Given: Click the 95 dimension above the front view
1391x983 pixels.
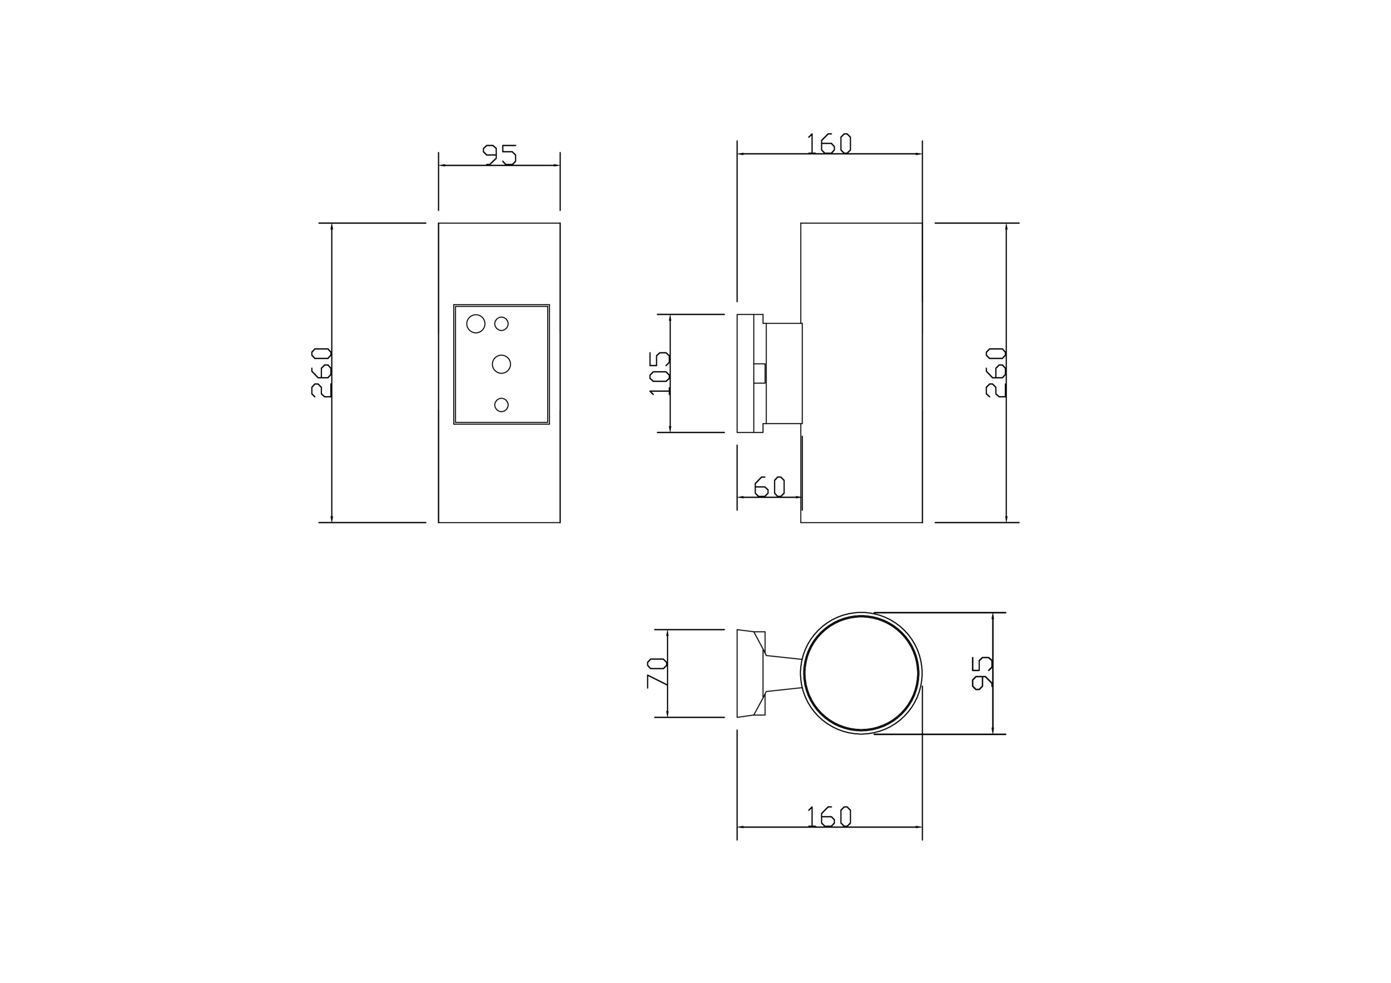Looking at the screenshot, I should [499, 154].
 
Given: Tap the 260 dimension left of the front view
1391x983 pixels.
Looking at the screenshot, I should [321, 372].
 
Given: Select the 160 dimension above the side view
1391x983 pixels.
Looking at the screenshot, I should [829, 144].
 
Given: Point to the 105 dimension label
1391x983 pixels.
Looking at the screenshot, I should [659, 373].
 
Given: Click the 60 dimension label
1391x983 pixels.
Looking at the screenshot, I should [769, 487].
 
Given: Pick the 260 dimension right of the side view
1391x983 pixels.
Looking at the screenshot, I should [995, 372].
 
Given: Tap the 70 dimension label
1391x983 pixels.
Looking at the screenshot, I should [657, 672].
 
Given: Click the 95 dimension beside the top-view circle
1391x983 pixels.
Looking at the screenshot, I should [982, 672].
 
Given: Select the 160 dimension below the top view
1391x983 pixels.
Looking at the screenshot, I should [829, 816].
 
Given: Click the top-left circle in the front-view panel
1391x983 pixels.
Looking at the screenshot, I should [476, 323].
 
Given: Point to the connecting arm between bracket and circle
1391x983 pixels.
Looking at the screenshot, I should [783, 673].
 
